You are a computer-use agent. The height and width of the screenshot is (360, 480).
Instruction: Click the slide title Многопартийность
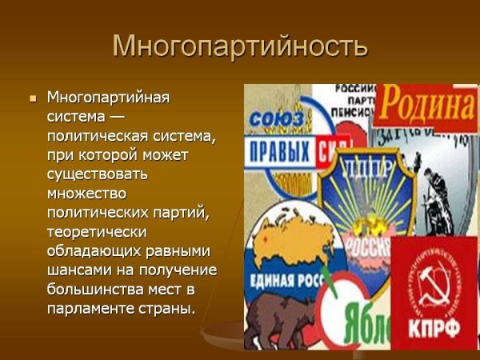click(x=240, y=46)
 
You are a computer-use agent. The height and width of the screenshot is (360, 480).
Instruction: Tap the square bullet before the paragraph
click(x=33, y=99)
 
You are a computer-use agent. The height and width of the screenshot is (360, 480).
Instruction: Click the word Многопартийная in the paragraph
click(x=109, y=98)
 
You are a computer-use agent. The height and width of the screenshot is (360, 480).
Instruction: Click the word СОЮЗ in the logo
click(x=277, y=121)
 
